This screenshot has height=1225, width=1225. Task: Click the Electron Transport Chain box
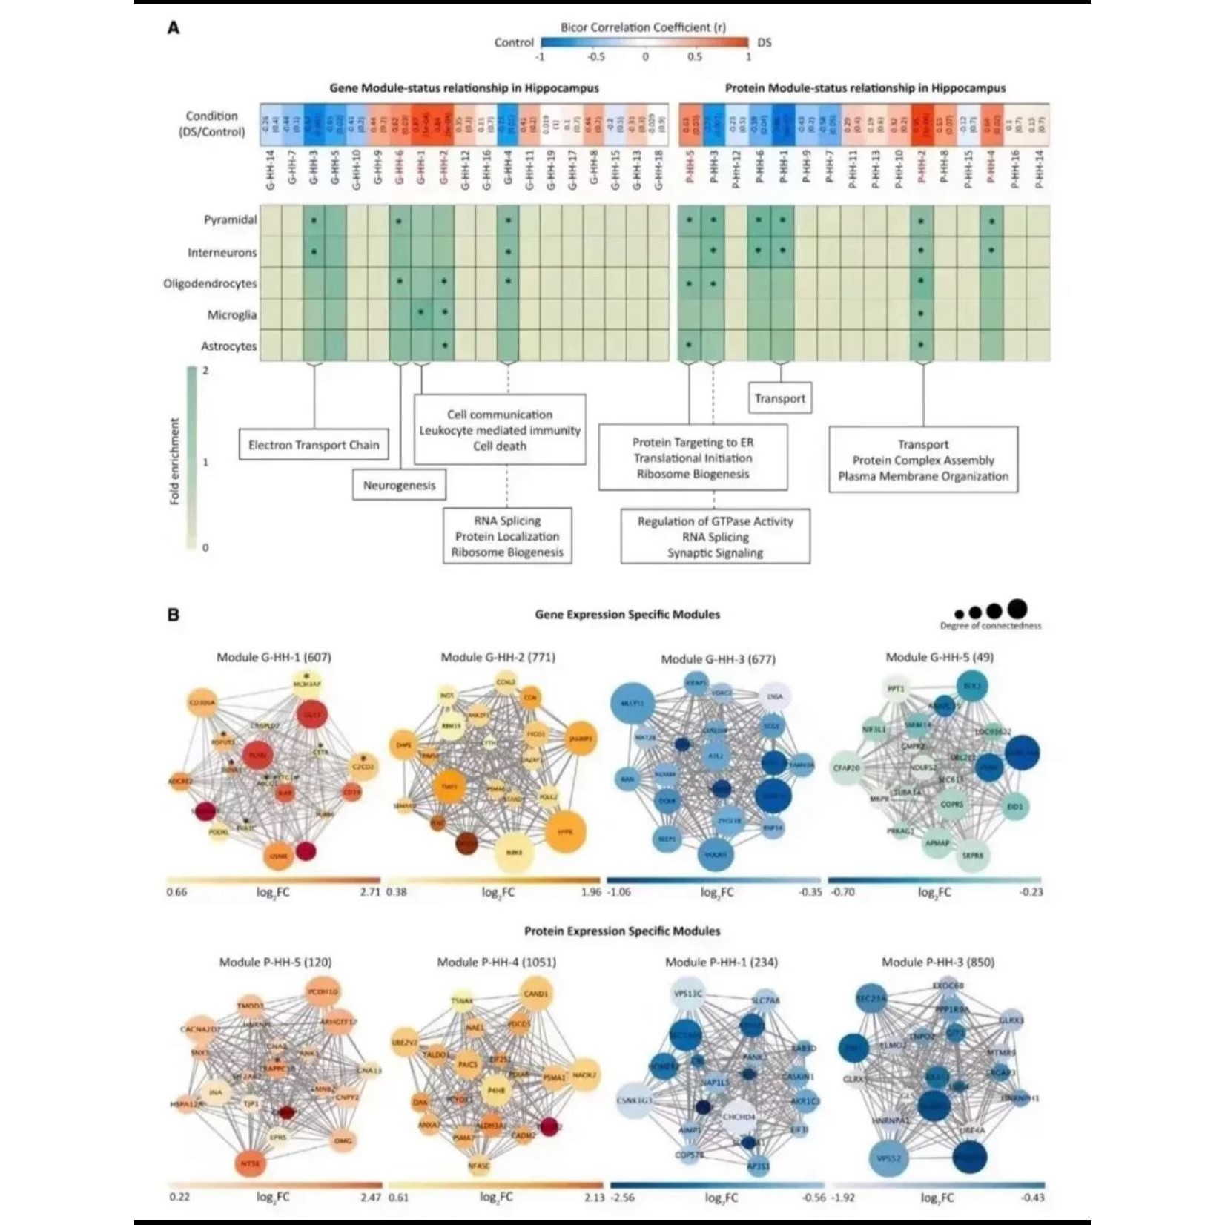[x=314, y=445]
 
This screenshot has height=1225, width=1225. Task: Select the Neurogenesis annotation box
[x=399, y=486]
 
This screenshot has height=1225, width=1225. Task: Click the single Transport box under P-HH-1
[x=779, y=398]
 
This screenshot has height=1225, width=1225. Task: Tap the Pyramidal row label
[x=230, y=220]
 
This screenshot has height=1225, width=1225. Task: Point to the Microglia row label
[x=231, y=315]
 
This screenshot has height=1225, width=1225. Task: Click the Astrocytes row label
[x=228, y=346]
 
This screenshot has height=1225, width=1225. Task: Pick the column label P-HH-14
[x=1039, y=170]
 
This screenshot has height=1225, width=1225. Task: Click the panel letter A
[x=174, y=28]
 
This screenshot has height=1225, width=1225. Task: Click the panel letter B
[x=174, y=615]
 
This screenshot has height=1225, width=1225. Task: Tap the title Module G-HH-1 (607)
[x=274, y=657]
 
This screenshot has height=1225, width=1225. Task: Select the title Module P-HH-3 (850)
[x=938, y=962]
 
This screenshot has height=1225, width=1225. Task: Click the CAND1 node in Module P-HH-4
[x=535, y=993]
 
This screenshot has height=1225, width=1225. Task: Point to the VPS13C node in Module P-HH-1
[x=687, y=994]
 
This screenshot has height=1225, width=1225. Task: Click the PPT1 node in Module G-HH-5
[x=897, y=689]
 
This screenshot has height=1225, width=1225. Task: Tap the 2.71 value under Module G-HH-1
[x=370, y=892]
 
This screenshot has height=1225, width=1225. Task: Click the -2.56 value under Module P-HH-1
[x=624, y=1198]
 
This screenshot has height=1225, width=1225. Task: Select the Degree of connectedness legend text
[x=991, y=626]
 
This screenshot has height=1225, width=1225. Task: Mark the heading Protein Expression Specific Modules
[x=622, y=931]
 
